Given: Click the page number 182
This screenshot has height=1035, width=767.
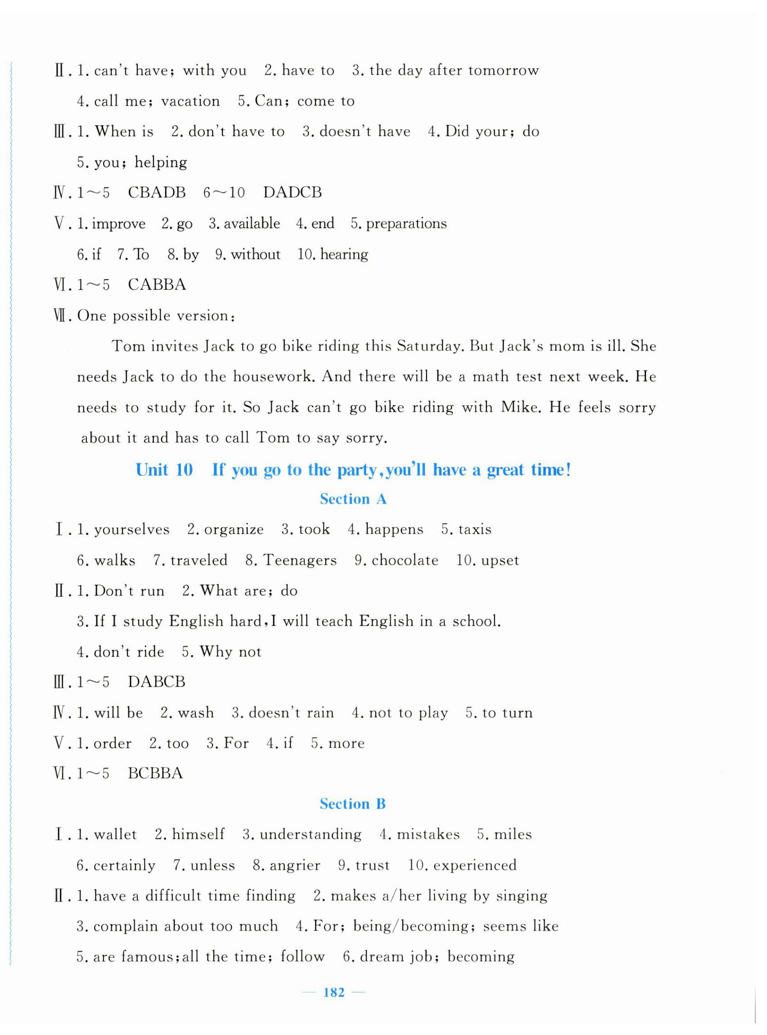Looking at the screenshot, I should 334,992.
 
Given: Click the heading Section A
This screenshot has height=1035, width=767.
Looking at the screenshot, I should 353,499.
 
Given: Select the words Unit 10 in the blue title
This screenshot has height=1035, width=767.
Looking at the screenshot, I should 164,470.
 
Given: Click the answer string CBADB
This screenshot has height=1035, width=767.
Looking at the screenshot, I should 156,193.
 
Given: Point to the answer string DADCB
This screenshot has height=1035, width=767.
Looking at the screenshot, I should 292,193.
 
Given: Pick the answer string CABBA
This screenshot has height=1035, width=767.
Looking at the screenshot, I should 156,285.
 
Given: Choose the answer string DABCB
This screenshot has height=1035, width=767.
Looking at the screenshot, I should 156,681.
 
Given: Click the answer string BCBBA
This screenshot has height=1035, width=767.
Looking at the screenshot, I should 155,773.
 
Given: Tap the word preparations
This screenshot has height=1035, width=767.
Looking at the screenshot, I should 406,224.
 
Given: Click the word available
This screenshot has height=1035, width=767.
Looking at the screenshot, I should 252,224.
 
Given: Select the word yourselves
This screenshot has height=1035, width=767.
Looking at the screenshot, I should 132,530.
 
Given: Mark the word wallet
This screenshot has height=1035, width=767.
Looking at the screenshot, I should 115,834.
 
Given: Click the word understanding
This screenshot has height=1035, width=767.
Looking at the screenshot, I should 310,834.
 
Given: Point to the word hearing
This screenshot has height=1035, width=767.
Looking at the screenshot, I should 344,254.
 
